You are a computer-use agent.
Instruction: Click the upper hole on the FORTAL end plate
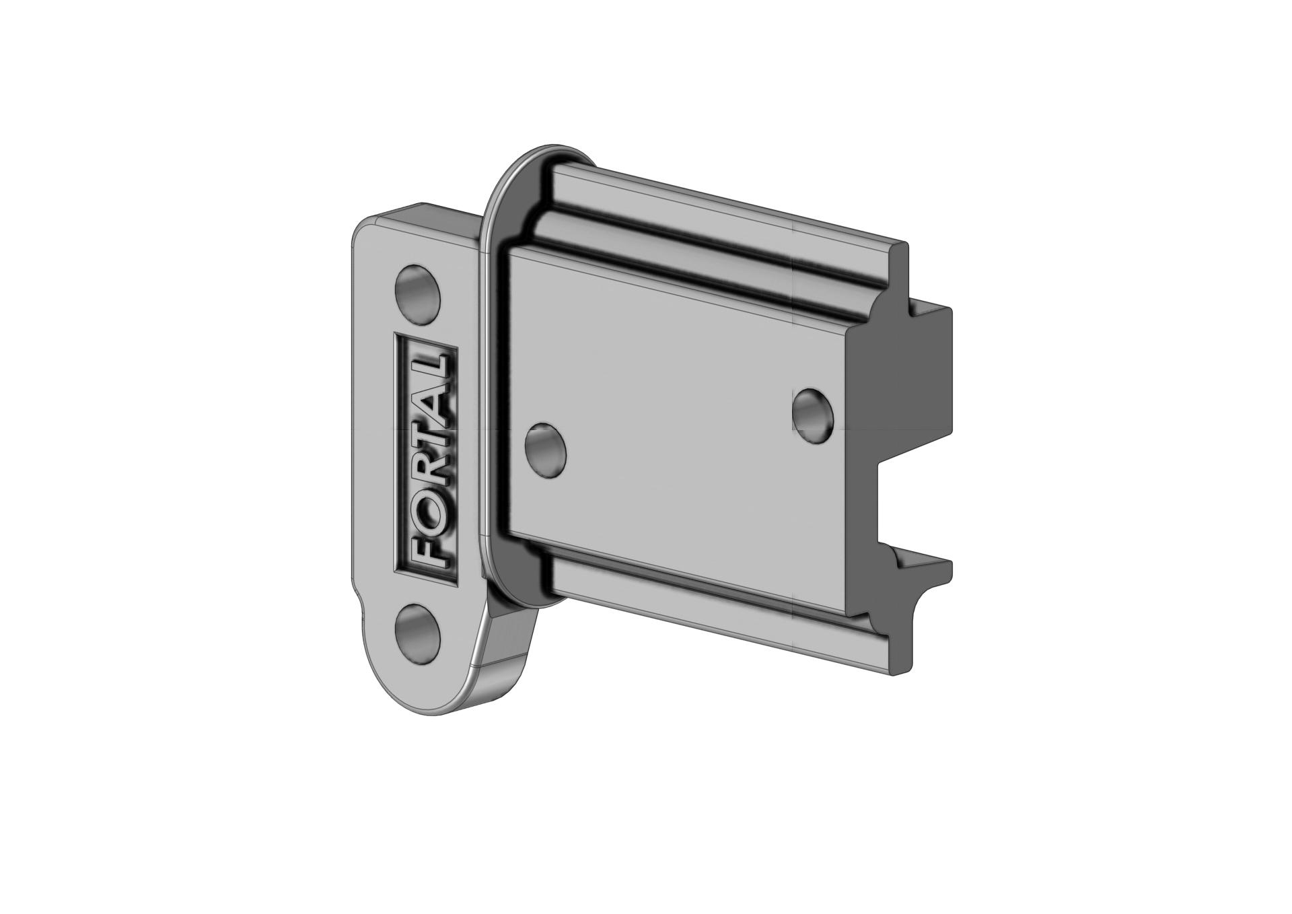pos(417,295)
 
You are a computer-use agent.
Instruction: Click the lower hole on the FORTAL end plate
pos(417,634)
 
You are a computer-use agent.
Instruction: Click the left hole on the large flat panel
pos(544,450)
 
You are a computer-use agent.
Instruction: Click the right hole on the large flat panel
pos(813,415)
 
